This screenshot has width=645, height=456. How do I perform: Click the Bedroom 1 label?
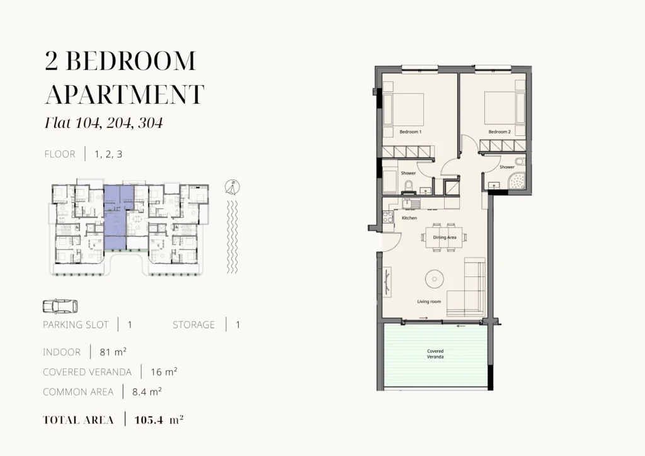(410, 132)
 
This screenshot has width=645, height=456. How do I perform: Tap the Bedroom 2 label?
(499, 132)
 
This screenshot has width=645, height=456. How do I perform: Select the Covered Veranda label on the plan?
(435, 354)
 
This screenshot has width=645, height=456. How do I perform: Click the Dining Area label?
(444, 237)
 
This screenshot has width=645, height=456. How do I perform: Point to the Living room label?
(429, 302)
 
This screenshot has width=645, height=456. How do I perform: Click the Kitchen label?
(409, 218)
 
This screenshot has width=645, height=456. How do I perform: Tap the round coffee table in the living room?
(435, 279)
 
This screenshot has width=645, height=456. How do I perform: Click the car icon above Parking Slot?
(60, 306)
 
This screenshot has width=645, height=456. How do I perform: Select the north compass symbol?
(232, 188)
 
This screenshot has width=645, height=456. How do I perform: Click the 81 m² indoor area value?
(113, 352)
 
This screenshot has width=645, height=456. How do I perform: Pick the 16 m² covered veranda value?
(164, 372)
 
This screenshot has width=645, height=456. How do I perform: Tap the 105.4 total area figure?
(149, 420)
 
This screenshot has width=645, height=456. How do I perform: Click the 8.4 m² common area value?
(147, 392)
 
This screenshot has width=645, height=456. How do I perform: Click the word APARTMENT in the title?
(124, 94)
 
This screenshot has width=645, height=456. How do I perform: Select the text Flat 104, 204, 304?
(104, 123)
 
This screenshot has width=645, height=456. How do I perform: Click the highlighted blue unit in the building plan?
(115, 217)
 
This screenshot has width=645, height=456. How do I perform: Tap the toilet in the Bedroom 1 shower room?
(409, 187)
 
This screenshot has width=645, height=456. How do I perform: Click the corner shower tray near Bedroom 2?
(517, 181)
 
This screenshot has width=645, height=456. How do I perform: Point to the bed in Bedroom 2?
(499, 108)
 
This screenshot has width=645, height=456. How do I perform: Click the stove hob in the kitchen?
(388, 217)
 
